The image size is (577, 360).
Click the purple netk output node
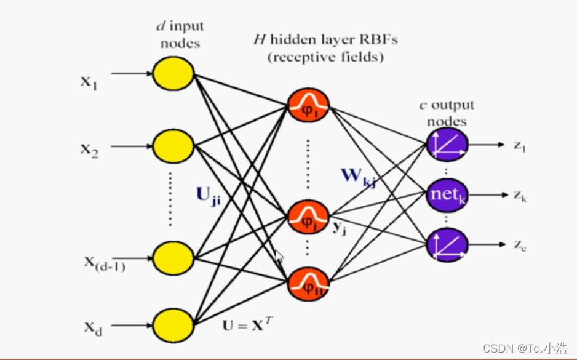click(x=447, y=196)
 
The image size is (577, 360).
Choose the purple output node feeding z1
click(x=447, y=145)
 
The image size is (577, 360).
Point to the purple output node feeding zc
click(x=447, y=242)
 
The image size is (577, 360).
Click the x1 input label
click(x=89, y=82)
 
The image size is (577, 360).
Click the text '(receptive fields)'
click(x=325, y=58)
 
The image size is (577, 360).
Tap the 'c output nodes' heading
click(x=447, y=113)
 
